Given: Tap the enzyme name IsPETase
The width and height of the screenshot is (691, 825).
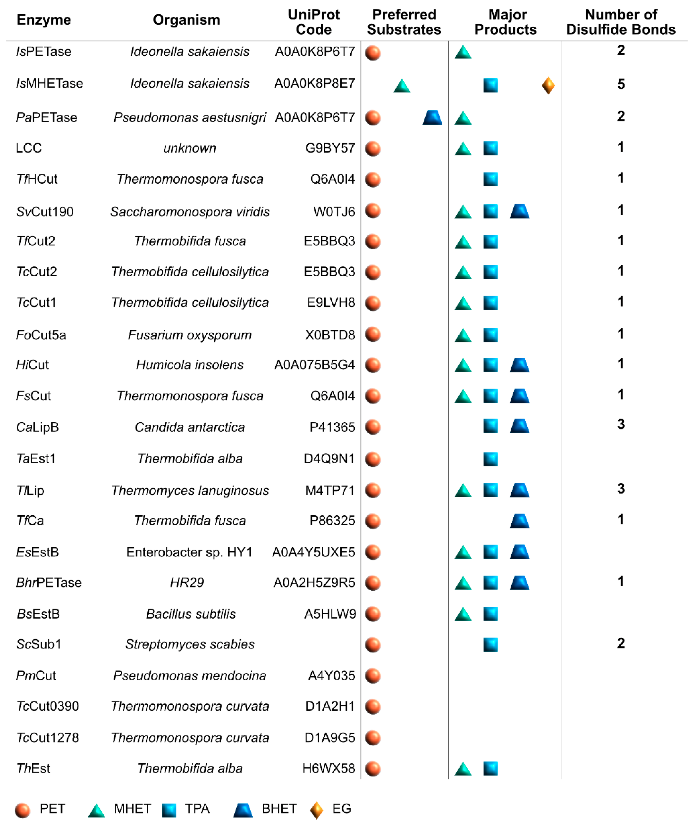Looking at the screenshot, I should pyautogui.click(x=44, y=51).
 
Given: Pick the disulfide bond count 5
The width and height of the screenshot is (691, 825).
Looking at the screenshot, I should pyautogui.click(x=621, y=84).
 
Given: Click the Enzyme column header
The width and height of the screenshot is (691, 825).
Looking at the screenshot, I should pyautogui.click(x=44, y=20).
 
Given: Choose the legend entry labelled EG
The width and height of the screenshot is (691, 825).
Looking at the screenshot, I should pyautogui.click(x=341, y=808).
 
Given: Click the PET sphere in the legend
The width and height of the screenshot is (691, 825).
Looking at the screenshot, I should pyautogui.click(x=22, y=810).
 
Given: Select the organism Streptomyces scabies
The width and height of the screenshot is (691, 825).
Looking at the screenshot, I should pyautogui.click(x=190, y=644).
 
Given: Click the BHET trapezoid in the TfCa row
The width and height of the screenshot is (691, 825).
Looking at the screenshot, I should pyautogui.click(x=519, y=521).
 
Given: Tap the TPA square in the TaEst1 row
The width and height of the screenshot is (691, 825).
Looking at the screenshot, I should pyautogui.click(x=490, y=459).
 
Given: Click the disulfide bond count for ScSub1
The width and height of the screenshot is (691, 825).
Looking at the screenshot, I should pyautogui.click(x=621, y=643).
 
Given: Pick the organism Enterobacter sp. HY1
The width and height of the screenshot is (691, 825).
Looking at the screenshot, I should pyautogui.click(x=189, y=552).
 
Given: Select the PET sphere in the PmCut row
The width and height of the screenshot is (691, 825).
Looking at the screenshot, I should pyautogui.click(x=373, y=676).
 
